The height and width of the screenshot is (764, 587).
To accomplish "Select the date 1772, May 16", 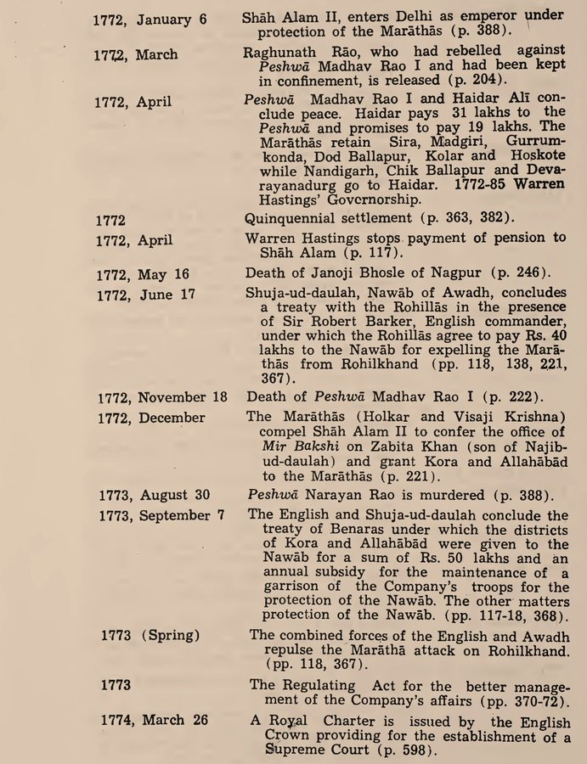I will (x=141, y=274).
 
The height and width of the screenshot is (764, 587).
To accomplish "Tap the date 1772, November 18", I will (x=161, y=397).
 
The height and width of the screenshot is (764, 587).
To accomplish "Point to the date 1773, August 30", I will (x=155, y=495).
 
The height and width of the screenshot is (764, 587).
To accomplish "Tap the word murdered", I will (x=476, y=495).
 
